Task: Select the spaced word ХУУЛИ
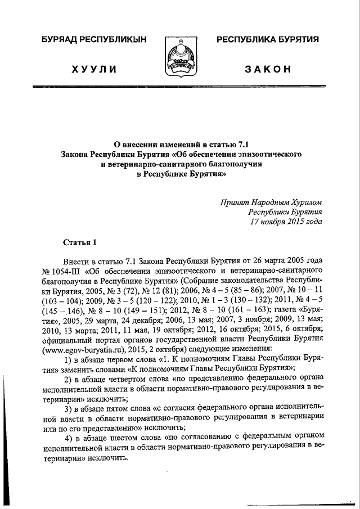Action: (x=94, y=69)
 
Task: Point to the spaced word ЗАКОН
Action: (x=268, y=69)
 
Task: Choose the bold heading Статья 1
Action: (x=79, y=242)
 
